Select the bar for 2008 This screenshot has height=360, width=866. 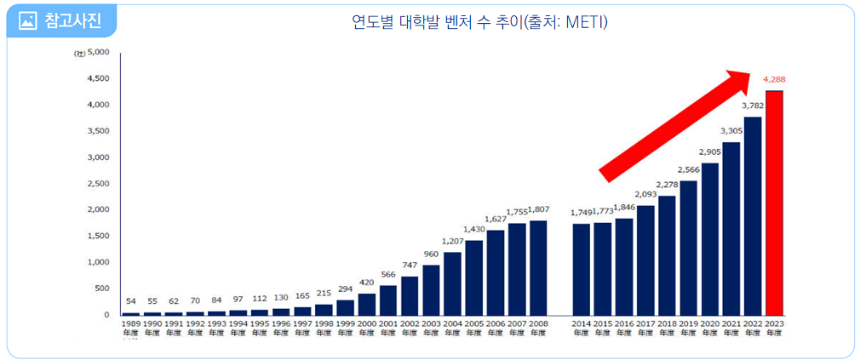(x=538, y=268)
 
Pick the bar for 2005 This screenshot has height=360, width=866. (x=473, y=277)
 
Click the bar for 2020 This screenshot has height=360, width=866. (x=710, y=239)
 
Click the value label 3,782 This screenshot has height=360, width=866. (x=753, y=106)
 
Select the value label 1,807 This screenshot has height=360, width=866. (x=539, y=209)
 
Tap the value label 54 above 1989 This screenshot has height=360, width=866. (x=131, y=301)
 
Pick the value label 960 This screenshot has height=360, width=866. (x=431, y=254)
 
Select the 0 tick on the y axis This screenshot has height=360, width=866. (x=106, y=315)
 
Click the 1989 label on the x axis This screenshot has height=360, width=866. (x=131, y=324)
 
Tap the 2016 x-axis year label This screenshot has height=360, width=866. (x=624, y=324)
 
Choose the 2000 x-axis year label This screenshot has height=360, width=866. (x=367, y=324)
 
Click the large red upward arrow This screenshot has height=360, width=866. (x=677, y=124)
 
